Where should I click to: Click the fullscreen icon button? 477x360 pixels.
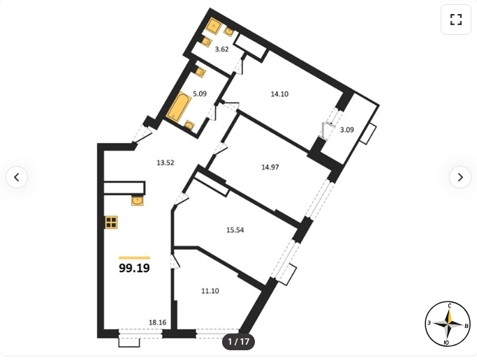[x=456, y=20]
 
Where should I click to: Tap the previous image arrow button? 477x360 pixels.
[x=17, y=177]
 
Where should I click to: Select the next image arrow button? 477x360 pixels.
[x=460, y=177]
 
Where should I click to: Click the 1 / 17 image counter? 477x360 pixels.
[x=239, y=342]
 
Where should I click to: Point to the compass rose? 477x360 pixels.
[x=448, y=324]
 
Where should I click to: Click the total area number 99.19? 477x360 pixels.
[x=134, y=268]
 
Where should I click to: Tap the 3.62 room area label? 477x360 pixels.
[x=222, y=50]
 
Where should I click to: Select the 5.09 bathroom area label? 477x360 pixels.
[x=200, y=93]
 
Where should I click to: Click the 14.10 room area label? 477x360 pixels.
[x=279, y=94]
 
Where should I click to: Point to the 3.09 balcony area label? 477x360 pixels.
[x=347, y=130]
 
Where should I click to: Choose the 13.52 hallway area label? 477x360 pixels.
[x=166, y=163]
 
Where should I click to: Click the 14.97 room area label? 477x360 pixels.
[x=270, y=167]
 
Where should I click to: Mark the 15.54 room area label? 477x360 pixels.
[x=235, y=230]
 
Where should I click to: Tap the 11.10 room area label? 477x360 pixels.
[x=210, y=291]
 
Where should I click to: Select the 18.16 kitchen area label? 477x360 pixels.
[x=158, y=322]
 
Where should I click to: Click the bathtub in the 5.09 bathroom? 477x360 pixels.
[x=179, y=107]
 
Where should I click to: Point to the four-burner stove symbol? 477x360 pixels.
[x=111, y=223]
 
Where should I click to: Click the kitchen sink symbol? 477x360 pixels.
[x=138, y=201]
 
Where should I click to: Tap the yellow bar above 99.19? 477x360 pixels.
[x=134, y=258]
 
